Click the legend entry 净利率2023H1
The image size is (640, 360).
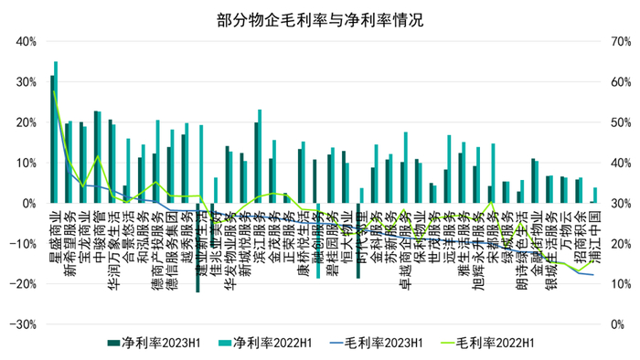coord(164,343)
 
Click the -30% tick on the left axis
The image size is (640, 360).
coord(22,324)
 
